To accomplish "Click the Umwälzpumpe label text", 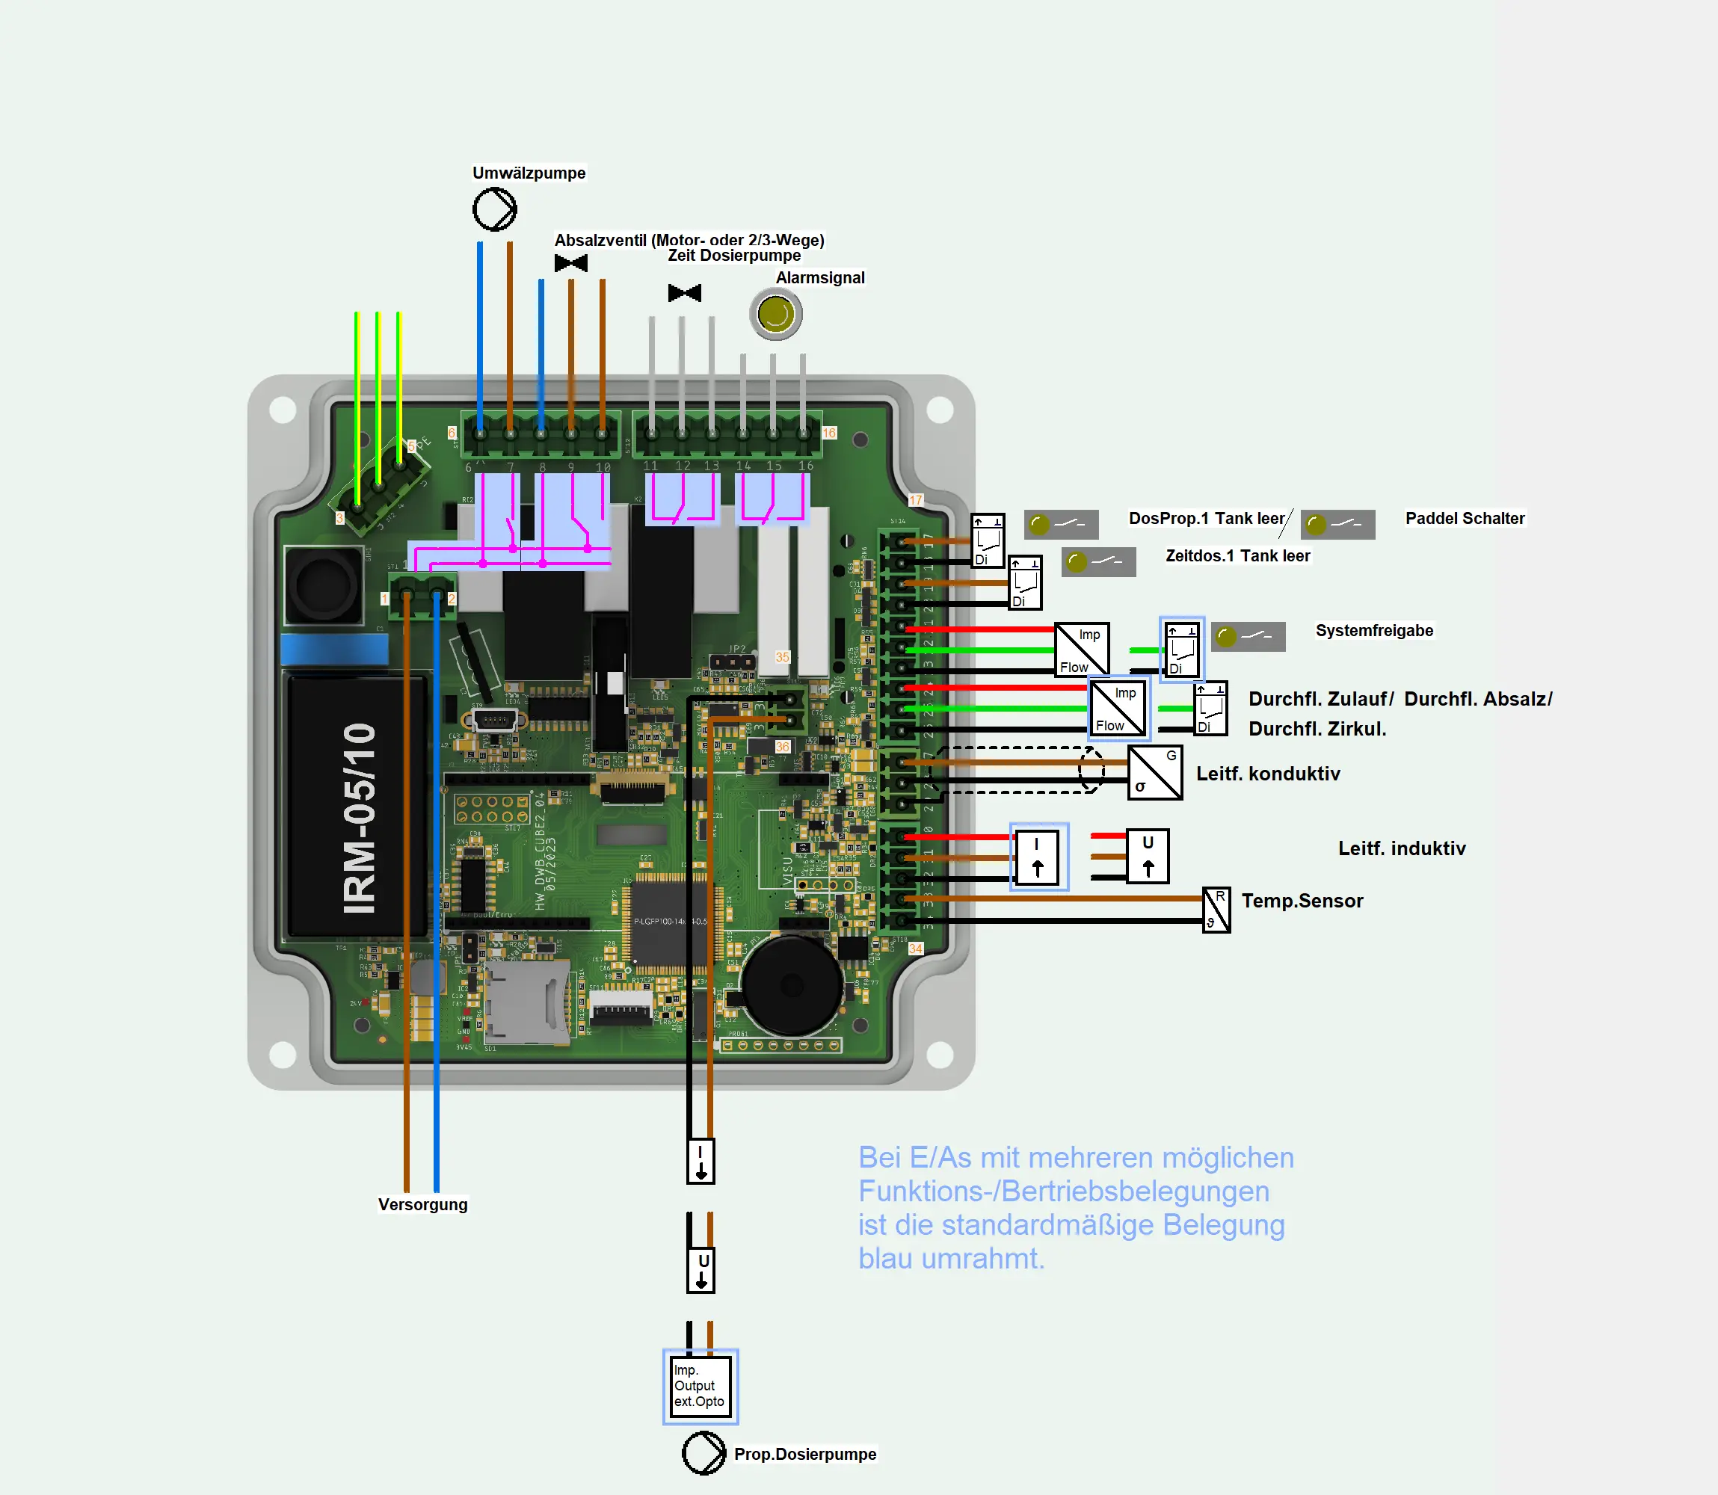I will point(529,173).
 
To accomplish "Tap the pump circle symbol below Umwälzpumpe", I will point(495,209).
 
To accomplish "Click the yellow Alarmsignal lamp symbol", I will point(776,315).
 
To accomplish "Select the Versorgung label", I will point(422,1203).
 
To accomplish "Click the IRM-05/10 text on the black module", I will point(360,818).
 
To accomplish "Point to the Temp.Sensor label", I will point(1302,900).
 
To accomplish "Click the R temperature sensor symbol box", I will point(1216,910).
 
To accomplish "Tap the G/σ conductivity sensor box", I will point(1154,772).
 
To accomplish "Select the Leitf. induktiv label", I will point(1402,848).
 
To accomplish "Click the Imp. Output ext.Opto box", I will point(700,1386).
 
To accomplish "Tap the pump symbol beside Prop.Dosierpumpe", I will point(703,1452).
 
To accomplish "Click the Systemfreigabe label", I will point(1374,631).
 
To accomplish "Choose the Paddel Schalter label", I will point(1465,518).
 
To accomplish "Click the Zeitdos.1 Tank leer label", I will point(1237,555).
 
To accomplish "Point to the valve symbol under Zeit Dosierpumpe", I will point(684,293).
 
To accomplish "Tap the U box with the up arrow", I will point(1148,856).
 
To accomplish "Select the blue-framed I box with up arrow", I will point(1038,856).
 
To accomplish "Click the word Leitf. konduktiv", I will point(1267,774).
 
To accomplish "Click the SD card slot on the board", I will point(526,1001).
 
